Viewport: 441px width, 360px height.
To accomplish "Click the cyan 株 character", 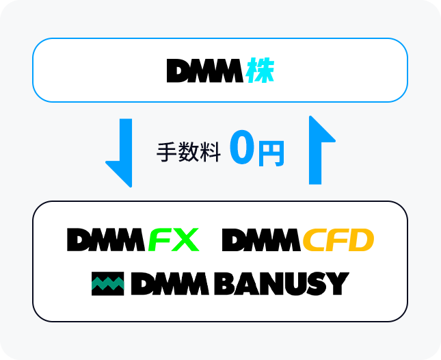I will tap(260, 70).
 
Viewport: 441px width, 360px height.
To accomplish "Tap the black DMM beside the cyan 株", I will tap(204, 70).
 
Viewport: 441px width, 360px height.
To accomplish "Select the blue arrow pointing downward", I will tap(121, 152).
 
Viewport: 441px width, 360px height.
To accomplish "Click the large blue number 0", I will tap(241, 149).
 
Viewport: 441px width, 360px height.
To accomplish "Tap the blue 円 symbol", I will tap(271, 154).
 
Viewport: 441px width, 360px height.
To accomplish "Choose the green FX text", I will tap(174, 240).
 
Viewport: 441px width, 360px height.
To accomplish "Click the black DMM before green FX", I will tap(106, 240).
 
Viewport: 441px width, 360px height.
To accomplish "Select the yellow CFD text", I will tap(338, 240).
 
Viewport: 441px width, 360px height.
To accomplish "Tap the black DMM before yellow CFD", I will tap(261, 240).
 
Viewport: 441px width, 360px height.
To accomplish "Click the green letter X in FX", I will tap(185, 240).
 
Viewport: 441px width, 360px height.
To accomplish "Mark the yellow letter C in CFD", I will tap(315, 240).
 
